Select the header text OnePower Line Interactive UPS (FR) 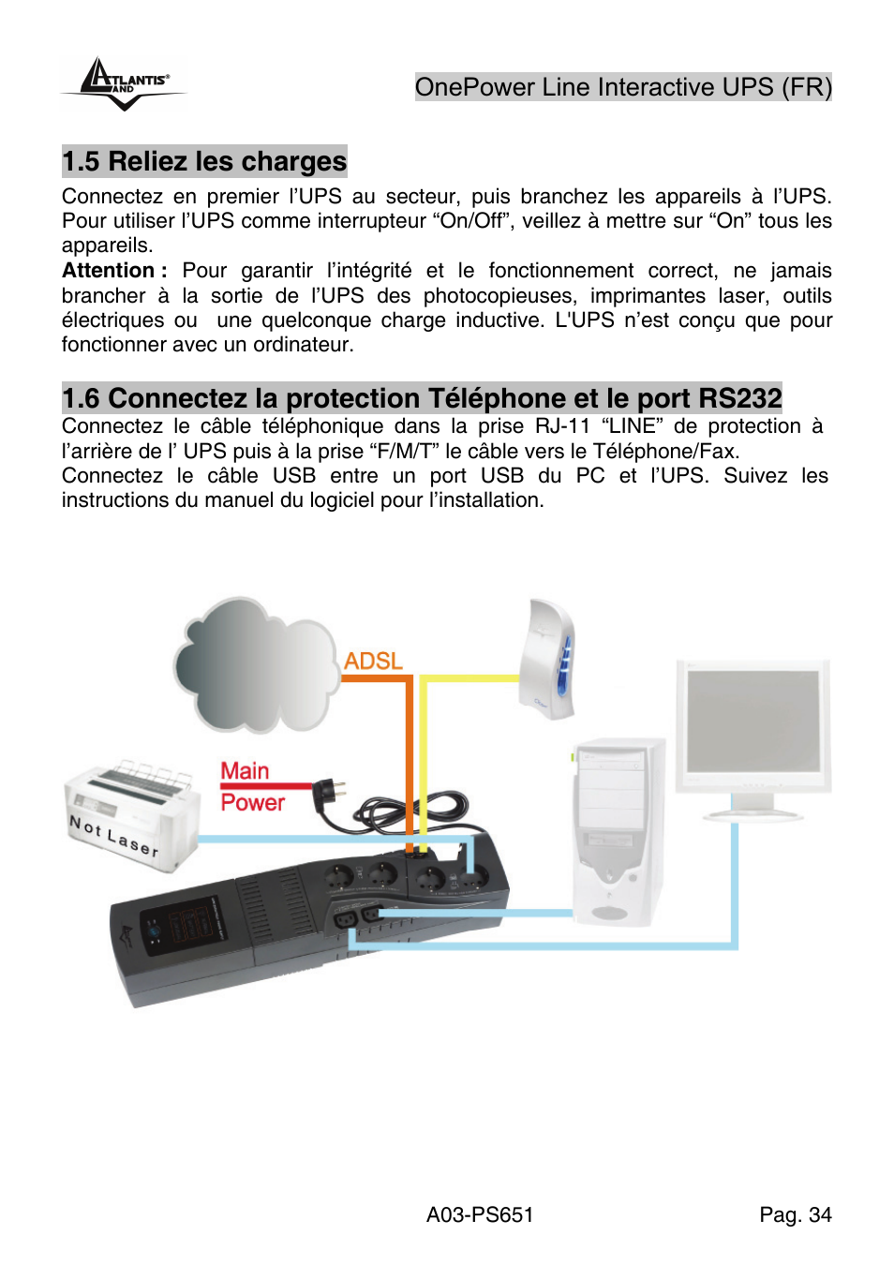click(623, 87)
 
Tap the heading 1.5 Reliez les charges click(204, 161)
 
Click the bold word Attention click(109, 271)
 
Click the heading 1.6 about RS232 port click(422, 398)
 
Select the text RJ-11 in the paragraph click(562, 426)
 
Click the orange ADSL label click(373, 662)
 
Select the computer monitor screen click(753, 721)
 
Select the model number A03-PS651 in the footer click(480, 1215)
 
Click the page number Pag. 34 click(795, 1215)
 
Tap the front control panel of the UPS click(183, 929)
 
